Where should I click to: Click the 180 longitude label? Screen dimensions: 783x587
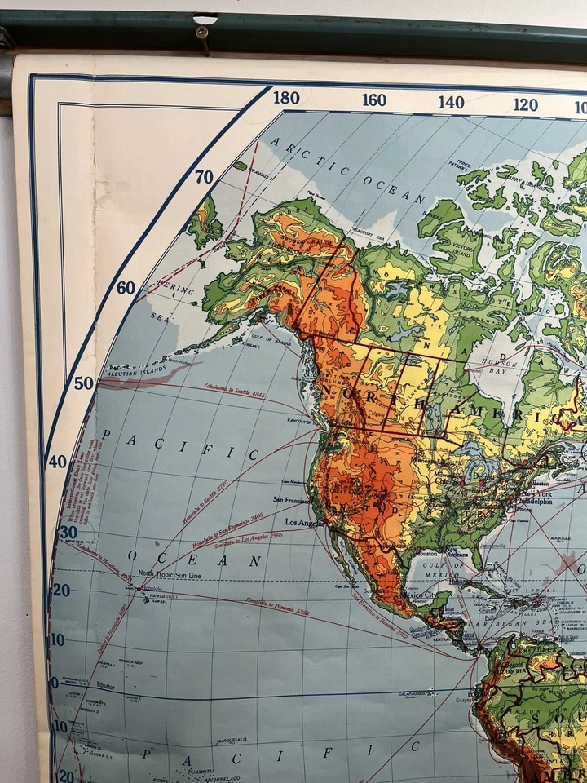coord(286,98)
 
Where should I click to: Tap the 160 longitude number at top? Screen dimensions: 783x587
coord(374,100)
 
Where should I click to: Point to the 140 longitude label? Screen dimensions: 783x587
coord(451,102)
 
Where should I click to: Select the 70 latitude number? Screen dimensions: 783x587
coord(204,177)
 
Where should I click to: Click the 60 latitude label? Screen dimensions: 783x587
coord(126,287)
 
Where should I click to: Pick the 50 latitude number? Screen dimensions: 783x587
coord(83,383)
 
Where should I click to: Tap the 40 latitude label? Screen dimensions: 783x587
coord(57,462)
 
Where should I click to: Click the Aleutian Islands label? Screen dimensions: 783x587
coord(125,371)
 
